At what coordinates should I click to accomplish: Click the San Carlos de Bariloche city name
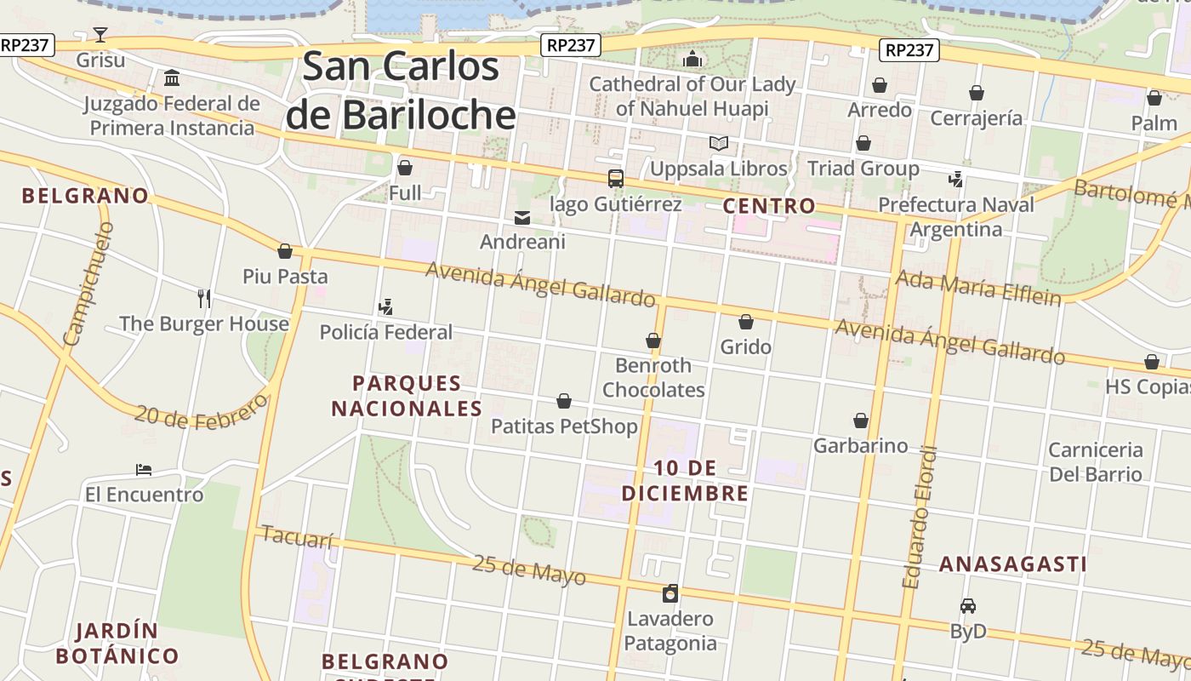point(400,90)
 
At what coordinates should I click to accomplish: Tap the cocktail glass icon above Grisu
point(100,35)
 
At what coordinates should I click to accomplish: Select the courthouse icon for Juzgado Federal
point(172,78)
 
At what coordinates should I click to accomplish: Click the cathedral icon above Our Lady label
point(692,59)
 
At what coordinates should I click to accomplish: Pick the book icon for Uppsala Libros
point(719,143)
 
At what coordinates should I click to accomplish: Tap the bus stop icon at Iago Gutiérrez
point(616,179)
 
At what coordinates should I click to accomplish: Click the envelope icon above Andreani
point(522,218)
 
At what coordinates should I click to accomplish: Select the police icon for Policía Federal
point(385,306)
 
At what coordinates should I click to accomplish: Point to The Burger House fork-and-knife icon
point(203,298)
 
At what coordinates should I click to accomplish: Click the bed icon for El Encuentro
point(144,470)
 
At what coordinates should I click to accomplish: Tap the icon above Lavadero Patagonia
point(670,593)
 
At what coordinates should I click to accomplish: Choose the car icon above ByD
point(967,606)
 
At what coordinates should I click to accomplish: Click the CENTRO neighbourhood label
point(769,206)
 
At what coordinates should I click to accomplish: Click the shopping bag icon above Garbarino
point(861,421)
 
